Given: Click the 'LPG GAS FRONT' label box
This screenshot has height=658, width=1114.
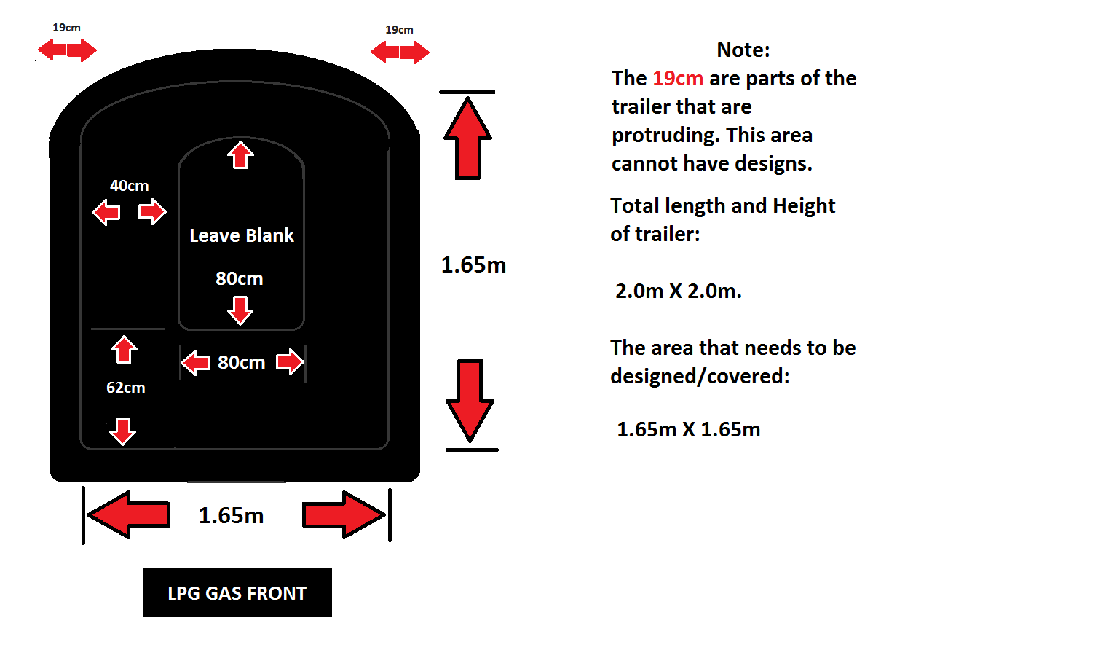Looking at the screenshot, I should pos(237,592).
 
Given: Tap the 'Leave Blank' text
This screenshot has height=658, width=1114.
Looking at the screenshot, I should pos(242,235).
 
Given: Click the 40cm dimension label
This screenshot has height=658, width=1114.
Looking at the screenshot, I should pos(129,186).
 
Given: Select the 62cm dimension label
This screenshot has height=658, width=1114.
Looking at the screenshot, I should pos(126,388).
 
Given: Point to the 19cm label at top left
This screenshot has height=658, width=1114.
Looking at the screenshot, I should pos(66,28).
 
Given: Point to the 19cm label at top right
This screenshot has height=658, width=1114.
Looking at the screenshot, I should pos(399,30).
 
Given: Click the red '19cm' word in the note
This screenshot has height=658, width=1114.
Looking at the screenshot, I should pos(677,78).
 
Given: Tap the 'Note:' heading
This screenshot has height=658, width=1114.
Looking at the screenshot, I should pos(743,50).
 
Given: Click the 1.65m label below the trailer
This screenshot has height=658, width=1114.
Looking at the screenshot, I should pos(231,516).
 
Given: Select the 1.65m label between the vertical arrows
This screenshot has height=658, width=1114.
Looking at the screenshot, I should pos(473,265).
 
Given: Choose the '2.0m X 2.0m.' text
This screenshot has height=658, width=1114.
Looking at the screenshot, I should pos(678,291).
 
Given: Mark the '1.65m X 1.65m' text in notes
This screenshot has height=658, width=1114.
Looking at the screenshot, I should pos(688,429).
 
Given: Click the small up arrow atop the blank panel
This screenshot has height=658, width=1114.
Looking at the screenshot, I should pos(240,154).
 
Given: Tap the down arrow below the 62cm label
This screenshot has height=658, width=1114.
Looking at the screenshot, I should pos(122,431).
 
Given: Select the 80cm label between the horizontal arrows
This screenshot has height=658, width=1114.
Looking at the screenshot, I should pos(241,362).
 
